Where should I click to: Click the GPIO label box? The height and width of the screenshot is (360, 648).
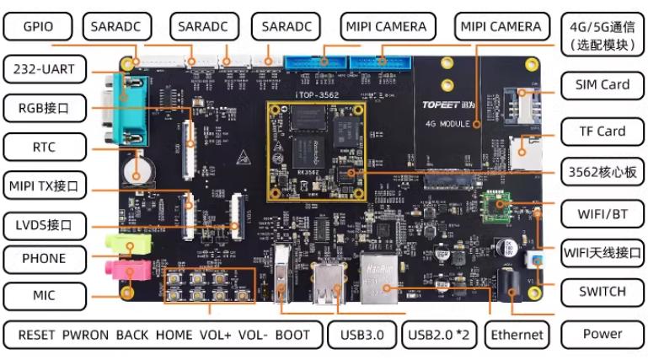pos(38,27)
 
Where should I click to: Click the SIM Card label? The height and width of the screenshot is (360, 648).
pos(602,84)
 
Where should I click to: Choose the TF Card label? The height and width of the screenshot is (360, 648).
pos(602,131)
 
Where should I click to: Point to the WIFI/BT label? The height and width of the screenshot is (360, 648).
pos(602,212)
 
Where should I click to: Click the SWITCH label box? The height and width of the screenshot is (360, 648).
pos(602,292)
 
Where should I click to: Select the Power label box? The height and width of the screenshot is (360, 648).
pos(602,334)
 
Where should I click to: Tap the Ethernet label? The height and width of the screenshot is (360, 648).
pos(517,335)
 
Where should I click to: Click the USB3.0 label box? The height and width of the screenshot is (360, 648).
pos(362,335)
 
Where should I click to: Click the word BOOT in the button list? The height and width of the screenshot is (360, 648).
pos(292,335)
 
